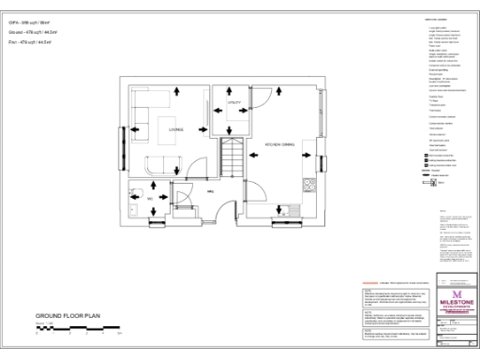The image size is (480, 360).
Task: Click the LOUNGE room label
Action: [x=174, y=129]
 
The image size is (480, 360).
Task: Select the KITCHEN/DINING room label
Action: [x=280, y=145]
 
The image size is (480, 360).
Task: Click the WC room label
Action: [x=150, y=199]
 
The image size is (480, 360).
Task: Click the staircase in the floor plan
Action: [x=232, y=156]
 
